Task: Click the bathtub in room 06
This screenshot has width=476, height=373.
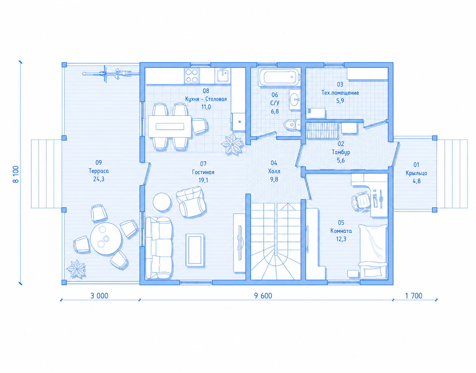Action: [x=279, y=77]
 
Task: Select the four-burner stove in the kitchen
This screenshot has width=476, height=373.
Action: [x=192, y=76]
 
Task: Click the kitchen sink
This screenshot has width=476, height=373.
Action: [x=223, y=76]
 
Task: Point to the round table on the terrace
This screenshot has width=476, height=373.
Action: [x=106, y=239]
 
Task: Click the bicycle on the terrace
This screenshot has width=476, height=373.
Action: [x=111, y=73]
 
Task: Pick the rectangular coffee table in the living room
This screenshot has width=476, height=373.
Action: [x=195, y=250]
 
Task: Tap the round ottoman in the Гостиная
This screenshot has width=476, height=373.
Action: [x=162, y=202]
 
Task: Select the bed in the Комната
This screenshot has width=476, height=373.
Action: [x=373, y=252]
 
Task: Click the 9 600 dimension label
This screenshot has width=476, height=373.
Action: [x=263, y=296]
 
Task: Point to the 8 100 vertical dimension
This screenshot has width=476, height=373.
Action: [x=16, y=174]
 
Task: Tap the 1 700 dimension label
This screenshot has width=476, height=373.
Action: [x=414, y=296]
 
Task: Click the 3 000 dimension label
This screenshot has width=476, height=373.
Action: [x=99, y=296]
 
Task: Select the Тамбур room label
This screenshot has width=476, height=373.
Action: [x=341, y=152]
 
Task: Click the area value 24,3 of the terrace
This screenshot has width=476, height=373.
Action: [x=99, y=179]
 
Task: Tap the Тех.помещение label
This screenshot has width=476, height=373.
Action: [x=340, y=93]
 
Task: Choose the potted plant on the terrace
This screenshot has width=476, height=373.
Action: [x=76, y=269]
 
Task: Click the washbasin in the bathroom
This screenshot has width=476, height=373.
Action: [x=294, y=99]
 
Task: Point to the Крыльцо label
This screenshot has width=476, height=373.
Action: [x=417, y=173]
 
